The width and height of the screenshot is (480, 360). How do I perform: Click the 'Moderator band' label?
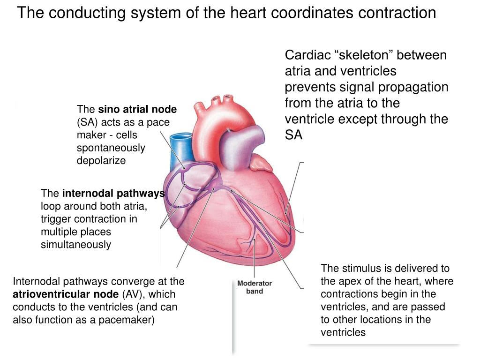coord(254,287)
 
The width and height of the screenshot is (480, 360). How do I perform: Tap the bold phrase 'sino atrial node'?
coord(137,110)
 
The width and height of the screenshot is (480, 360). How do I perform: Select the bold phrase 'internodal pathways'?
coord(113,194)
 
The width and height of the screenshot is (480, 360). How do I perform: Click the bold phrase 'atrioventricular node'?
coord(66,294)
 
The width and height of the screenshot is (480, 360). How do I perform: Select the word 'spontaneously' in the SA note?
coord(111,148)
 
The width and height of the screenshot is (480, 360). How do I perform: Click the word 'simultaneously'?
coord(76,245)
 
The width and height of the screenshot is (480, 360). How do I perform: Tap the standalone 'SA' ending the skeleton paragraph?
coord(293,135)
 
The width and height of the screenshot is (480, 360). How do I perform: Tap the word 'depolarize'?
coord(101,161)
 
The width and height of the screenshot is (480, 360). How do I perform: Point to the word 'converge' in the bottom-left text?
coord(140,282)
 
